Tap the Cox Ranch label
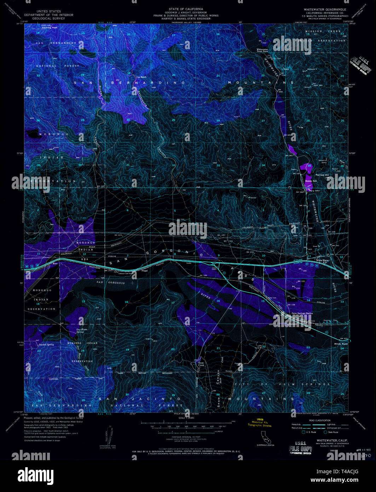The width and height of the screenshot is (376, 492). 141,77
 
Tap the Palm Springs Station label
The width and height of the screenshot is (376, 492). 302,313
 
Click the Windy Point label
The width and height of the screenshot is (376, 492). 341,344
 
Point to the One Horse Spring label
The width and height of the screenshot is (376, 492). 82,331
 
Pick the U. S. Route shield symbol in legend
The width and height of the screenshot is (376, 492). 303,432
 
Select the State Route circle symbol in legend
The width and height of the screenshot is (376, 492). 326,432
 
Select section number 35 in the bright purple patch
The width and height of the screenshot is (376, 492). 309,166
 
